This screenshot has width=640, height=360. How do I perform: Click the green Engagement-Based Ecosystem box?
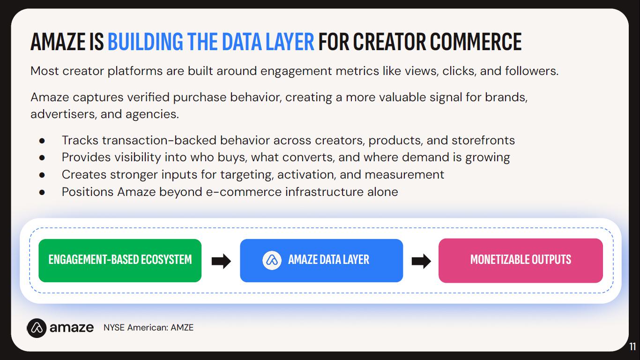point(120,261)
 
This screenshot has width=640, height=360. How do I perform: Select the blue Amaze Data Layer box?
point(321,261)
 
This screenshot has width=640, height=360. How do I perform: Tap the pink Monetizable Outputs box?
point(521,261)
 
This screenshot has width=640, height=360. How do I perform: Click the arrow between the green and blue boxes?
point(221,261)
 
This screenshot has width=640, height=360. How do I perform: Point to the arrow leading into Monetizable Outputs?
point(421,261)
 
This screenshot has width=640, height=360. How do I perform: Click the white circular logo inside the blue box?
point(272,260)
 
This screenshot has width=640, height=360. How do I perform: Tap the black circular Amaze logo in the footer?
point(37,328)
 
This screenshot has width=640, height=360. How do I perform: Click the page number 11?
point(633,346)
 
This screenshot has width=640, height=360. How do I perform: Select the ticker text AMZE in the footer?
point(182,327)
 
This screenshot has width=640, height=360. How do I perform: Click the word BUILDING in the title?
point(145,42)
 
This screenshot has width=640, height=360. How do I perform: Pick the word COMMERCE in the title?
point(476,42)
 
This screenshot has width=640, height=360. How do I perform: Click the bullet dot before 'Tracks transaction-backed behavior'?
point(42,141)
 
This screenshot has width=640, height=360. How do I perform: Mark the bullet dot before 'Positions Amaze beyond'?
point(42,192)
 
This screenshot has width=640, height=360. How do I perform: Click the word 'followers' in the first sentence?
point(531,71)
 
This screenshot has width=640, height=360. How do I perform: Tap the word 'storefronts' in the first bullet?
point(483,141)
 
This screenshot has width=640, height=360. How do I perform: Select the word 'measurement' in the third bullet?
point(404,175)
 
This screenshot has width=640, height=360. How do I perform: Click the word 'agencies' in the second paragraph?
point(152,114)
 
